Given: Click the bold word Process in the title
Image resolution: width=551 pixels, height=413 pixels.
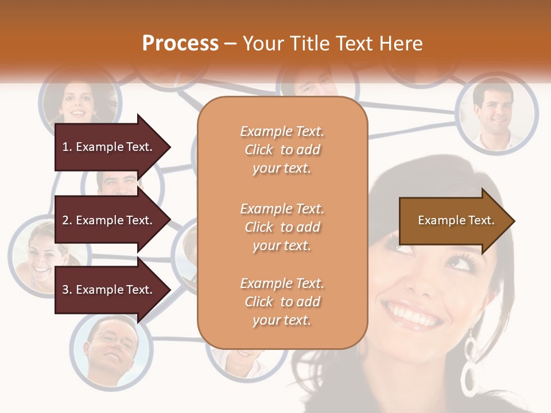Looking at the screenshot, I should pos(180,44).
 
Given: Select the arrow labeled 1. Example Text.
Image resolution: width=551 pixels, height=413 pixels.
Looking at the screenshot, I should pos(109,147).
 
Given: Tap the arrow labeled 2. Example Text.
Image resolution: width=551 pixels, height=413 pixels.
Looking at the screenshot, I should pos(109,220).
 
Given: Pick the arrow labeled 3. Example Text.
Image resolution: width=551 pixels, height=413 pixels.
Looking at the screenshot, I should pos(109,290).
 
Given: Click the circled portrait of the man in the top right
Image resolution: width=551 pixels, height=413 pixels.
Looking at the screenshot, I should pos(496,112).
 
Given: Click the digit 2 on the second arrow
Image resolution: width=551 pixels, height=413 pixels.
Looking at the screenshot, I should pos(65,220).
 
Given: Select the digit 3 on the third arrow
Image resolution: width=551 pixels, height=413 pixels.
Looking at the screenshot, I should pos(65,290).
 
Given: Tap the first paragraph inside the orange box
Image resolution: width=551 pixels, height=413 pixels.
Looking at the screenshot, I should pos(282,150).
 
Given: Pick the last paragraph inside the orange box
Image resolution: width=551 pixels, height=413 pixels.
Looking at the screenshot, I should pos(282,302).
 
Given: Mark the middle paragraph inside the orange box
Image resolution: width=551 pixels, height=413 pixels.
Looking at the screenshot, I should pos(282,227).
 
